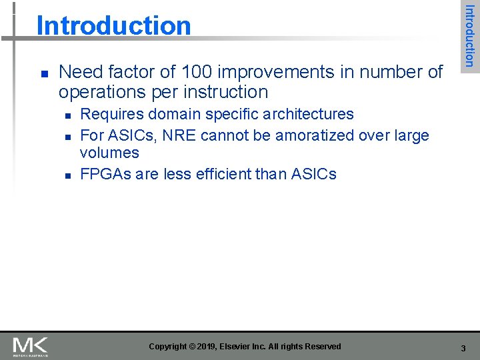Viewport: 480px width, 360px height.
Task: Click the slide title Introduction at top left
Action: [113, 25]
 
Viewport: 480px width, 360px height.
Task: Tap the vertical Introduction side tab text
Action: [469, 36]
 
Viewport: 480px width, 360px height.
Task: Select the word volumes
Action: [109, 153]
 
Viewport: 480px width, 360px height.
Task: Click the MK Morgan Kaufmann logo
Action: [31, 347]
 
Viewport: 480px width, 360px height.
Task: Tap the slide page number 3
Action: [463, 348]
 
